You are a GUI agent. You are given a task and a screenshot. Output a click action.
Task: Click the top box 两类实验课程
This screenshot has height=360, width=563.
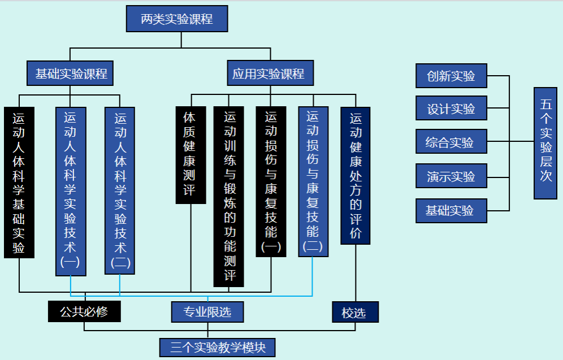(176, 19)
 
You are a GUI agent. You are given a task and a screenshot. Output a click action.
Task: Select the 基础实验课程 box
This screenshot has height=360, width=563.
(71, 73)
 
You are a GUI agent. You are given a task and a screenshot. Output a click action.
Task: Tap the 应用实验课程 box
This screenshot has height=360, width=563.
(270, 73)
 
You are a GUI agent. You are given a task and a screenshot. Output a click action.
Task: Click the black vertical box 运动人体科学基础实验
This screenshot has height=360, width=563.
(19, 182)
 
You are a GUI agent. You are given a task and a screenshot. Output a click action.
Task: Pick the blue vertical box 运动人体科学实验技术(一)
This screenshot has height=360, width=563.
(71, 191)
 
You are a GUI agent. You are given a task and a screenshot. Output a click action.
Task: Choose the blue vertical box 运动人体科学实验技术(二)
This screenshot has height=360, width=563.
(120, 190)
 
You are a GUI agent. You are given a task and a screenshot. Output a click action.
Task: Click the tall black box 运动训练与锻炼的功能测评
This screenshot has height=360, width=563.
(229, 196)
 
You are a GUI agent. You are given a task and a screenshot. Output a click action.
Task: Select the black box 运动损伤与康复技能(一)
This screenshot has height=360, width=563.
(271, 181)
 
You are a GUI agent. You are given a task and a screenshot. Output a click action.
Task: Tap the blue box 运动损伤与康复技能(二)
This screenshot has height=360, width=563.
(313, 181)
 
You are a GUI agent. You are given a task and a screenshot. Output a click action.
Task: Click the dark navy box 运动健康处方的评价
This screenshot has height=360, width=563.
(355, 175)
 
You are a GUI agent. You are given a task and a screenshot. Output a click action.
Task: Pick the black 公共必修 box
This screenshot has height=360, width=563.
(84, 311)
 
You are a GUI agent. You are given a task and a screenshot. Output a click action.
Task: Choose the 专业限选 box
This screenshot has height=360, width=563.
(208, 311)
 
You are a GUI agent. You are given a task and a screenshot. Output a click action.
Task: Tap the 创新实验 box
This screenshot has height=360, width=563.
(451, 76)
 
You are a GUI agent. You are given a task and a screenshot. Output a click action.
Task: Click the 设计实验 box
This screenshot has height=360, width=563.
(451, 108)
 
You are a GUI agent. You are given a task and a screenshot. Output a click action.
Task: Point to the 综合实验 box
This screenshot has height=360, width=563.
(451, 142)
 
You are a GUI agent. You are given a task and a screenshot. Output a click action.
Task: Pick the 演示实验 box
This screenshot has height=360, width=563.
(451, 176)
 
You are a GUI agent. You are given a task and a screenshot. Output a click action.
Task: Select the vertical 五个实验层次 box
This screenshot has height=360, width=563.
(545, 143)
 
